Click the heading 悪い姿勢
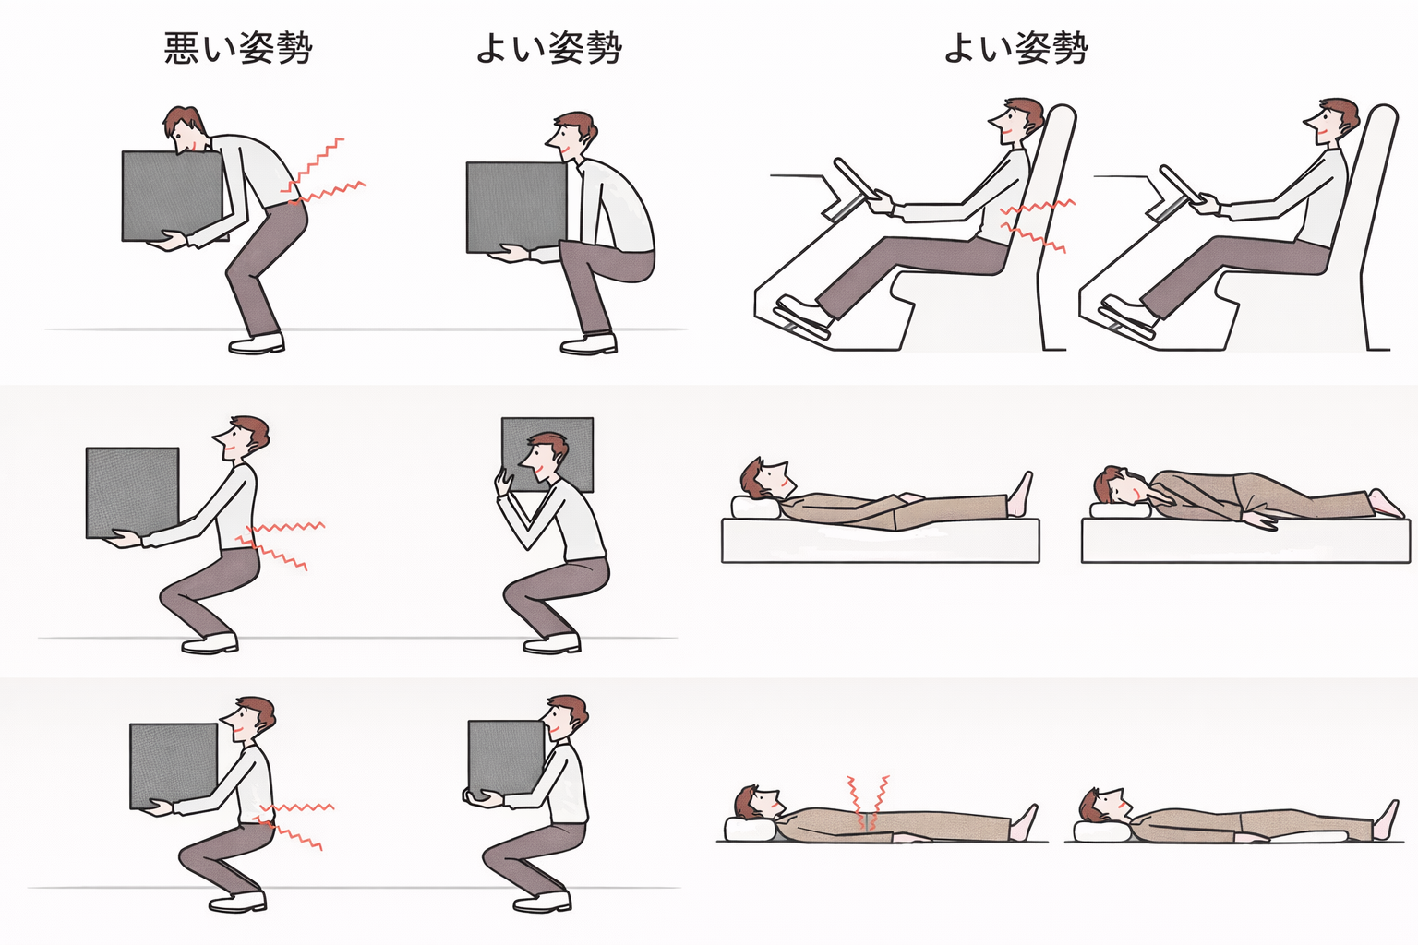click(238, 48)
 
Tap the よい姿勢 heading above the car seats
click(1016, 48)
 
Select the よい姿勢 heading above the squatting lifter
click(549, 48)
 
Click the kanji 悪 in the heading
click(182, 48)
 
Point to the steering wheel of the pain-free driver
click(1181, 184)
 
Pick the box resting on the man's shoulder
click(547, 454)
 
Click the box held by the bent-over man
click(173, 197)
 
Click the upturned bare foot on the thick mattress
click(1020, 495)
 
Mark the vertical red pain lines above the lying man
click(868, 802)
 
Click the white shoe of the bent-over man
click(257, 343)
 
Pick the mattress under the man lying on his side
click(1245, 540)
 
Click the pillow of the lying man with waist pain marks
click(751, 829)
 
